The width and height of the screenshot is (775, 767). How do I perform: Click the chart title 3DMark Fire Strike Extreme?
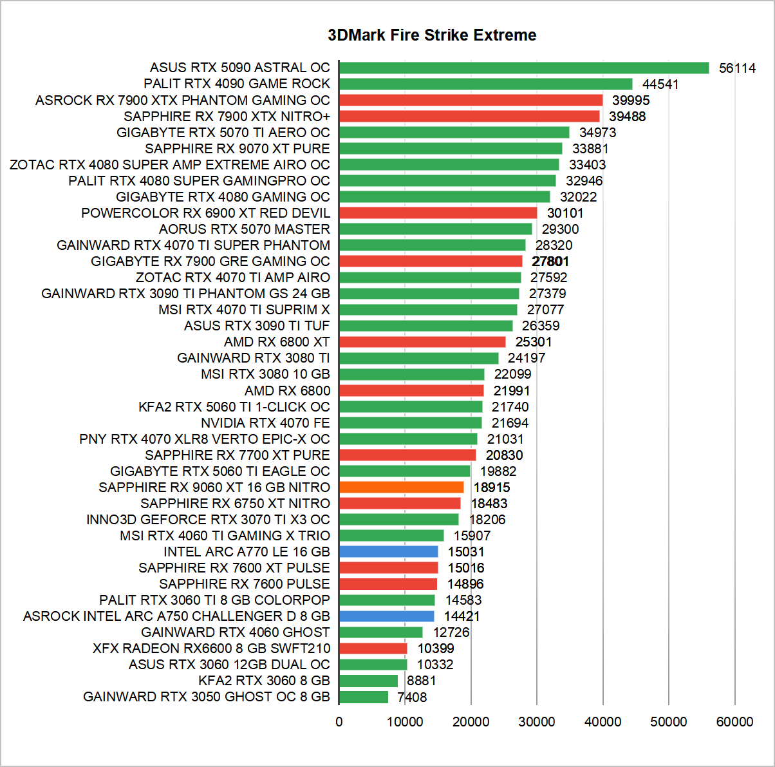[432, 35]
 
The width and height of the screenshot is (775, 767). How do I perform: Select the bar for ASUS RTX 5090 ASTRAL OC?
[523, 68]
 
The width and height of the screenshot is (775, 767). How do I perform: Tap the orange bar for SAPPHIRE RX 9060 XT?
[401, 488]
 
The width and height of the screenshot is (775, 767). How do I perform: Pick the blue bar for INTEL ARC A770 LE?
[388, 552]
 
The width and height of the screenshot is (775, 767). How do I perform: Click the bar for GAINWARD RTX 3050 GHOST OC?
[364, 697]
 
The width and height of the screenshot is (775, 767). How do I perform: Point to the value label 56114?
[737, 68]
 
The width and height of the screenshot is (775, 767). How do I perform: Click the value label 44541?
[660, 84]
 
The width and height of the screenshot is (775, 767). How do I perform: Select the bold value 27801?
[550, 261]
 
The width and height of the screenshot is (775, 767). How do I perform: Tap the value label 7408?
[412, 697]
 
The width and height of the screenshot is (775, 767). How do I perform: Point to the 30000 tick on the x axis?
[537, 722]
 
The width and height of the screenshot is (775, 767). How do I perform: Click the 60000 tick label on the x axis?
[734, 722]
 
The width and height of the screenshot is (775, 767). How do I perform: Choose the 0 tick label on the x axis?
[339, 722]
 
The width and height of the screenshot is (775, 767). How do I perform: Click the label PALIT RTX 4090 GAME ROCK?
[237, 84]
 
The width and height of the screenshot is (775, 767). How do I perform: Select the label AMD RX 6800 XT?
[277, 342]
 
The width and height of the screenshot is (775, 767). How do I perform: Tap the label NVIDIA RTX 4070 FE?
[265, 423]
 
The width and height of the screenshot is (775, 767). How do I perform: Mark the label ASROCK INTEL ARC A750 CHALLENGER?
[176, 616]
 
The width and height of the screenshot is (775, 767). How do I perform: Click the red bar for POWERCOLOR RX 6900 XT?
[438, 213]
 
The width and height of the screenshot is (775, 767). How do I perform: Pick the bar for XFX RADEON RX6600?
[373, 649]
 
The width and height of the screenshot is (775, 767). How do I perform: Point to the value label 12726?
[451, 632]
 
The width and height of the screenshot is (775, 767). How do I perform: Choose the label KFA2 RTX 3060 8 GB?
[264, 681]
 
